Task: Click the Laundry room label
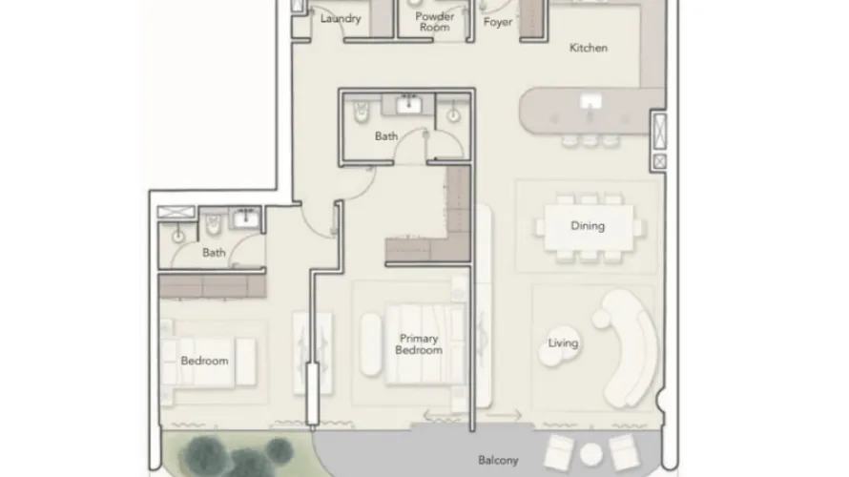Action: click(x=341, y=18)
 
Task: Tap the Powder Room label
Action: click(x=433, y=22)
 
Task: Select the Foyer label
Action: click(x=498, y=22)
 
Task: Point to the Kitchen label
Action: click(x=589, y=48)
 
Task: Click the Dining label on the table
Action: click(x=588, y=226)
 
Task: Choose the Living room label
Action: click(x=563, y=343)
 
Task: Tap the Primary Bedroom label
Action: click(x=419, y=343)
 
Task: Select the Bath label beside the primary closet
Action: click(x=386, y=136)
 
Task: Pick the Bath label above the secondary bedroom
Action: click(x=214, y=253)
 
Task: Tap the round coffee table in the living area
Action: click(x=557, y=349)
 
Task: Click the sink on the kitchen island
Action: click(x=590, y=101)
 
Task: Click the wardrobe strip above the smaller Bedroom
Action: click(x=211, y=285)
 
